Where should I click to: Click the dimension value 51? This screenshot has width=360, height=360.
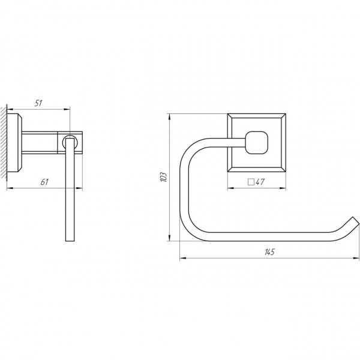click(x=38, y=103)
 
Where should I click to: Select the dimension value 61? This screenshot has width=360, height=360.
click(x=44, y=182)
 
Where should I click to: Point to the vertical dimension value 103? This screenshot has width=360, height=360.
click(x=163, y=177)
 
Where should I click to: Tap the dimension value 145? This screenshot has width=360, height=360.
click(x=269, y=252)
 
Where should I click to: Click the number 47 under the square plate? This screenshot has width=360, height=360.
click(x=260, y=182)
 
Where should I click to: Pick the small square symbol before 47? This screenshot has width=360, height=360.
click(x=251, y=182)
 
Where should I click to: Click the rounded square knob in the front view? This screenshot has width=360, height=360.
click(x=257, y=142)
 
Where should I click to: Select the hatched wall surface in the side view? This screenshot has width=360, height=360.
click(x=4, y=142)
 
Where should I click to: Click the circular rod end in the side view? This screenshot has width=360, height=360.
click(x=70, y=142)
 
